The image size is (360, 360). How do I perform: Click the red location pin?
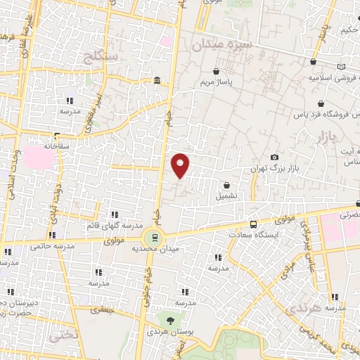point(181,165)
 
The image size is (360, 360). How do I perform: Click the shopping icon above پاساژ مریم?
point(216,72)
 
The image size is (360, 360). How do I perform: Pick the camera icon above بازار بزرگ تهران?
point(274,157)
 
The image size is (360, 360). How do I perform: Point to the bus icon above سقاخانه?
point(57,136)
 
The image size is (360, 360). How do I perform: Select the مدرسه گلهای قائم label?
point(113,226)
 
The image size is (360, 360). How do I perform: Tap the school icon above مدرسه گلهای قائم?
point(113,214)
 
